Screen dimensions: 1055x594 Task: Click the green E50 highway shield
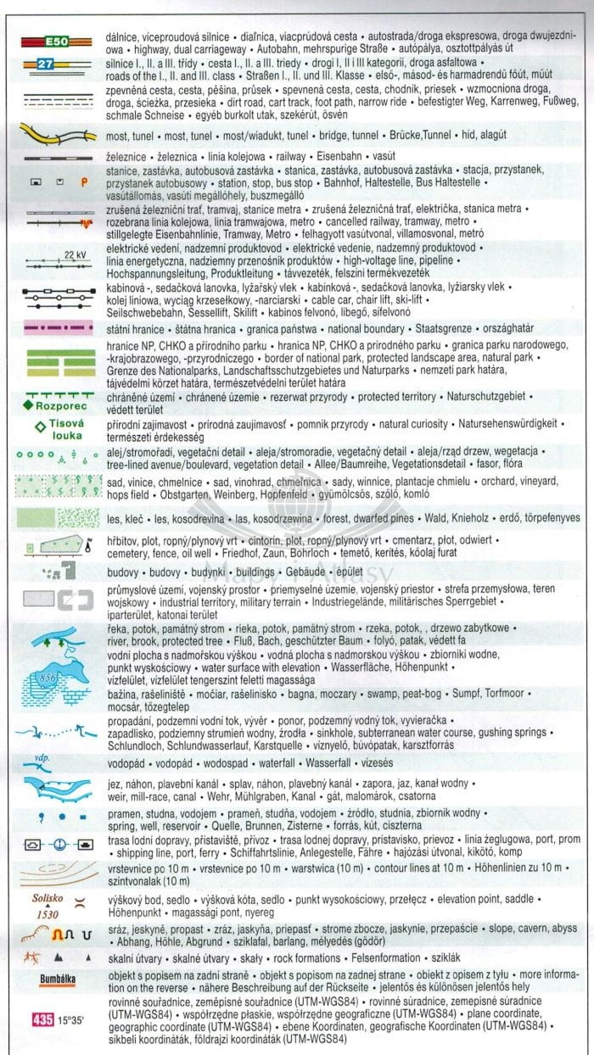point(56,41)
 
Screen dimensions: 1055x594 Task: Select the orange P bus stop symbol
point(84,181)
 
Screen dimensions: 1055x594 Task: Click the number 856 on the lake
point(48,678)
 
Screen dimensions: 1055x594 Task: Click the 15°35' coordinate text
point(73,1019)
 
